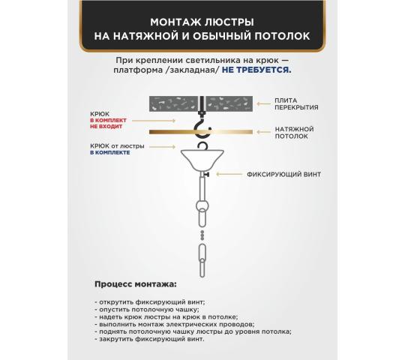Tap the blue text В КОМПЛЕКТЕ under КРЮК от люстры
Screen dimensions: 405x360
[x=109, y=152]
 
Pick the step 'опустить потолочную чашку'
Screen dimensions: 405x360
[x=147, y=308]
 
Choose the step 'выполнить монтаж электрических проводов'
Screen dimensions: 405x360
[x=171, y=323]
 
